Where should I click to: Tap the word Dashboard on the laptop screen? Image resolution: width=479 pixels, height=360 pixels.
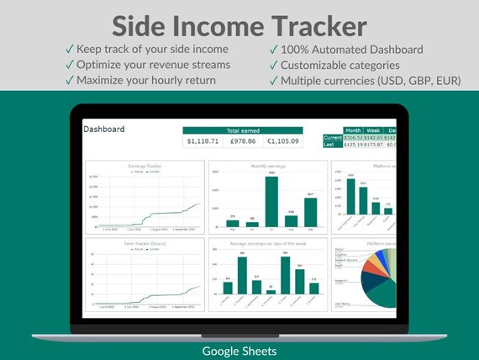(x=104, y=130)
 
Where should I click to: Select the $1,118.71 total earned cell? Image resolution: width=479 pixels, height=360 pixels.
(x=203, y=141)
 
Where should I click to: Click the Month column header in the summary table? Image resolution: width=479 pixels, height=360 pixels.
(x=354, y=130)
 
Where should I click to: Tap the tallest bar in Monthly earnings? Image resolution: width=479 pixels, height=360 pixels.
(x=271, y=201)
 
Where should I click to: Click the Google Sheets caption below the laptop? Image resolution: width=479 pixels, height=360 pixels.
(x=239, y=349)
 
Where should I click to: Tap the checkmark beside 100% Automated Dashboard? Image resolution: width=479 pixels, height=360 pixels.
(x=273, y=50)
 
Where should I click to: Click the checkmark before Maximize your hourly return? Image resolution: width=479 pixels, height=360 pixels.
(x=69, y=81)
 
